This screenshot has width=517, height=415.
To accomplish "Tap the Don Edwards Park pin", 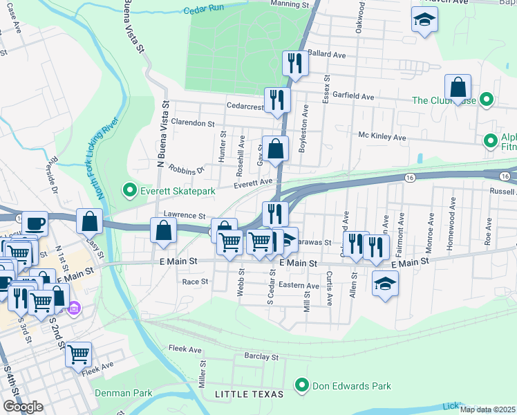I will pos(301,385).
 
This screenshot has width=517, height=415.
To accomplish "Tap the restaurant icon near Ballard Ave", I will pos(295,63).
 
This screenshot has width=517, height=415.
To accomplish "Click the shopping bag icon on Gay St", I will pos(275,149).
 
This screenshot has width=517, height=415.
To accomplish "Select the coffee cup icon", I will pos(35,223).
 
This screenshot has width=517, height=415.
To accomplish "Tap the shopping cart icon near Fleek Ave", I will pos(79,353).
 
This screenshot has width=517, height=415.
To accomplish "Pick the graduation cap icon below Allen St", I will pos(385,283).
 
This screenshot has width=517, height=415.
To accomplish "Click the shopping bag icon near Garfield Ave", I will pos(458,87).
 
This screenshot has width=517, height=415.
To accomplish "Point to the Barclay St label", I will pos(261,357).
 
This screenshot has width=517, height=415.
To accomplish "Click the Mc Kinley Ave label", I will pos(382,137).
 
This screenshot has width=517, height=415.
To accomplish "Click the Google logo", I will pos(23,407).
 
